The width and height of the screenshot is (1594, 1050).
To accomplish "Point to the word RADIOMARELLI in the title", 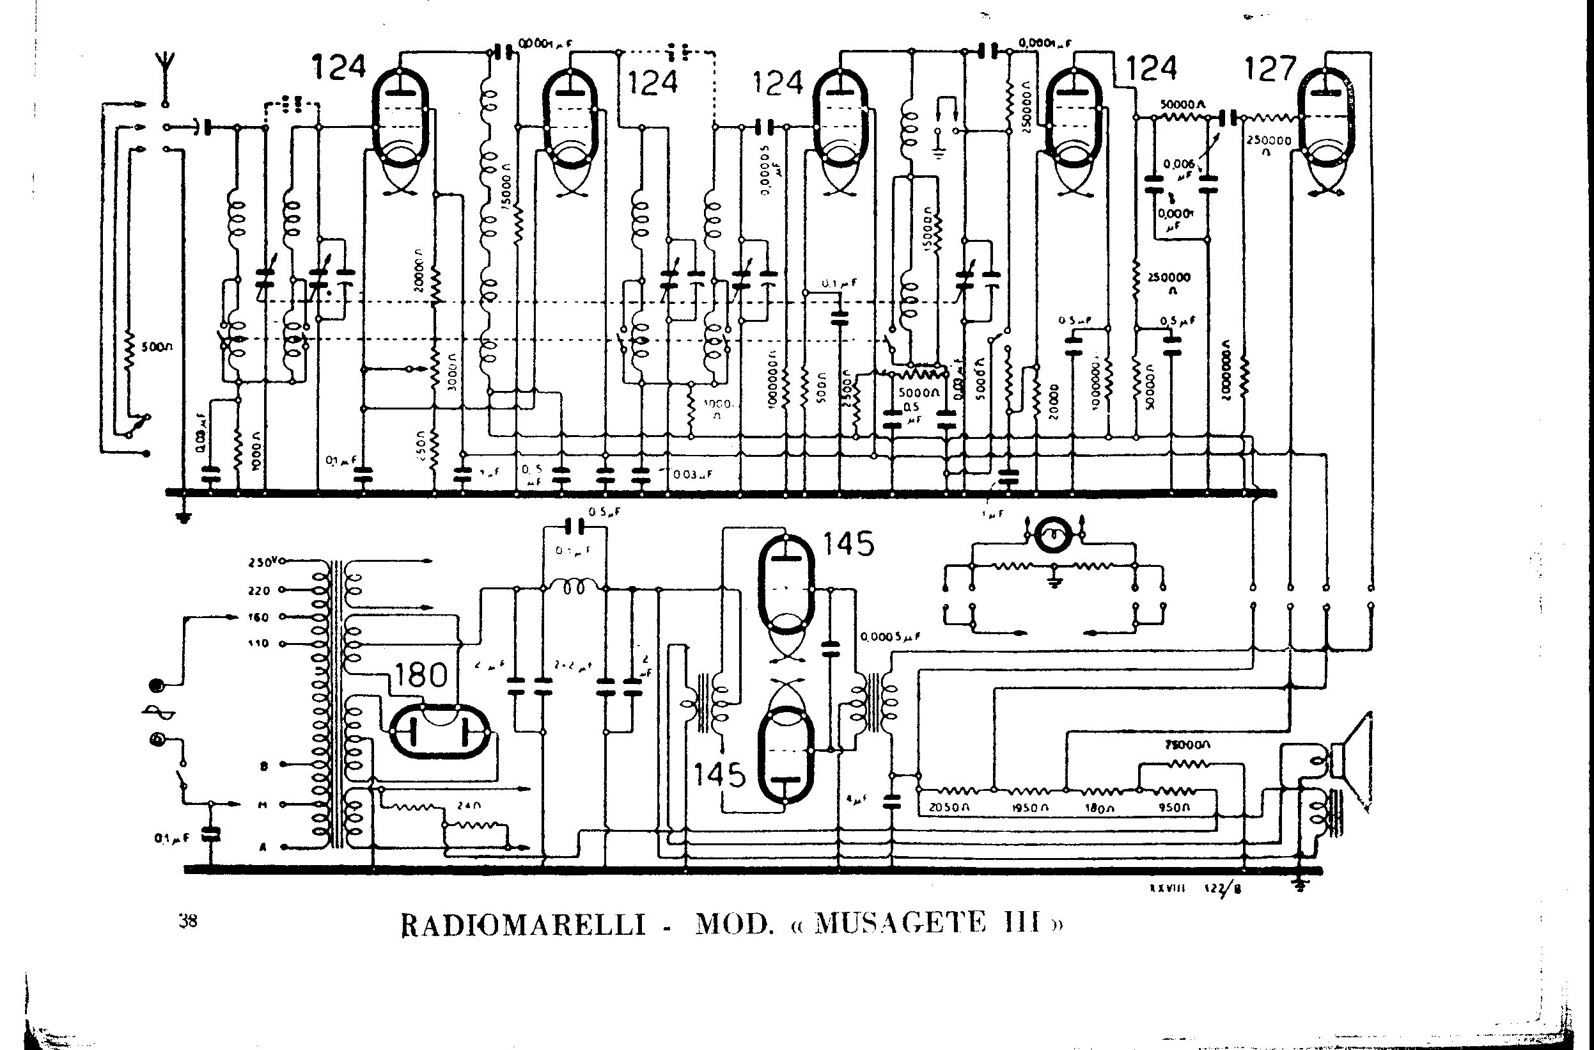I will click(523, 925).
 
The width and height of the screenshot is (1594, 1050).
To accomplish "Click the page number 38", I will click(188, 921).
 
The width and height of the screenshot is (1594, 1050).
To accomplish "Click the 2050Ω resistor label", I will click(949, 807).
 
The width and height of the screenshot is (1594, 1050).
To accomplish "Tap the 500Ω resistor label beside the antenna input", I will click(157, 347).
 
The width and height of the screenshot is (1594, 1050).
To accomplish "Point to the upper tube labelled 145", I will click(786, 583).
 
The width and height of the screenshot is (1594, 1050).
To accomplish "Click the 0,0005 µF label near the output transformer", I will click(890, 637).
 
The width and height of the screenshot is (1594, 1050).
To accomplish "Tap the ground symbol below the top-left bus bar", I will click(183, 516).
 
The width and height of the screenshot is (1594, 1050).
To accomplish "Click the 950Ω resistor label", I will click(1173, 807).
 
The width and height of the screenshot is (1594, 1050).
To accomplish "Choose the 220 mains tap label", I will click(258, 591).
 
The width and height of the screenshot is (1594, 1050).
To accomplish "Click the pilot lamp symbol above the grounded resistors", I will click(1055, 534).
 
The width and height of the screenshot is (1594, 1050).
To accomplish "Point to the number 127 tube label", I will click(1270, 69).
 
